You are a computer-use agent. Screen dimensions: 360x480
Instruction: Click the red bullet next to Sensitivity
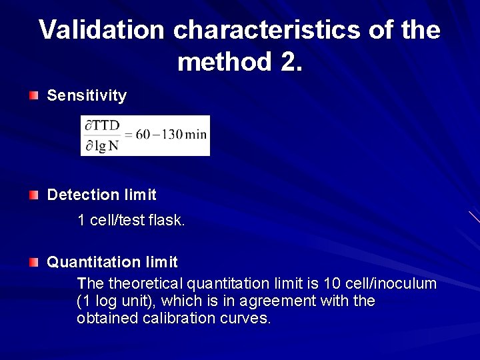[x=33, y=96]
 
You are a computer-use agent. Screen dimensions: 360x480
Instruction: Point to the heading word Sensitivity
[x=87, y=96]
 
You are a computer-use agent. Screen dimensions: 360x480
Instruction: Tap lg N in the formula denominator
[x=107, y=146]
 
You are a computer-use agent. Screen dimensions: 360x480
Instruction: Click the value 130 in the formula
[x=172, y=134]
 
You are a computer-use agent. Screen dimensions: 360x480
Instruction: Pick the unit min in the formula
[x=196, y=134]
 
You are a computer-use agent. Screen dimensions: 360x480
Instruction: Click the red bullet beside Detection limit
[x=33, y=195]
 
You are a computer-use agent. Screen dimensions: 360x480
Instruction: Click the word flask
[x=167, y=220]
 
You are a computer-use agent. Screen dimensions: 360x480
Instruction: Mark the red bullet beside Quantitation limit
[x=33, y=263]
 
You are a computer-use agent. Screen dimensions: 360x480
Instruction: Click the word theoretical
[x=146, y=284]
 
